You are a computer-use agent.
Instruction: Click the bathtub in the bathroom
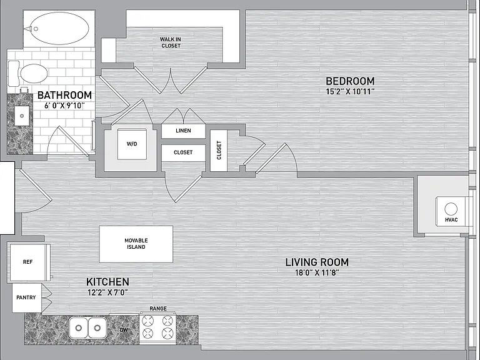point(59,29)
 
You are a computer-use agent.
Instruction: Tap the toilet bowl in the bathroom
point(34,74)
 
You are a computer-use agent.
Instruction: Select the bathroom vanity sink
point(22,116)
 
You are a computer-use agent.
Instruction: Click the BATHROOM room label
point(64,95)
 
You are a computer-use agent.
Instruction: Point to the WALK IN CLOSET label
point(171,42)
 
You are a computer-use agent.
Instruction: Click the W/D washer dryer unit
point(132,144)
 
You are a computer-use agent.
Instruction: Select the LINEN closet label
point(183,131)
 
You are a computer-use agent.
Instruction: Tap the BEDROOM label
point(350,81)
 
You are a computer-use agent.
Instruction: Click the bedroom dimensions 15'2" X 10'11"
point(350,92)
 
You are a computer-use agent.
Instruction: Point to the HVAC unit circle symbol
point(451,209)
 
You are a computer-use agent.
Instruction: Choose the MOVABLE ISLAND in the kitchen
point(136,244)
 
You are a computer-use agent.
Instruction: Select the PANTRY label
point(26,297)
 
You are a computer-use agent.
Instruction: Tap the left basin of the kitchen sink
point(78,327)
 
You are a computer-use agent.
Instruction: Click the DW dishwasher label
point(124,330)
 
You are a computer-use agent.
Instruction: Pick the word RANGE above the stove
point(158,309)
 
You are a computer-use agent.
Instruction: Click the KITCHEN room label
point(107,282)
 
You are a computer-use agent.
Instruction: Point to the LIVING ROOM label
point(317,262)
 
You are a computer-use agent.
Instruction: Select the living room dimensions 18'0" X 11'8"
point(317,272)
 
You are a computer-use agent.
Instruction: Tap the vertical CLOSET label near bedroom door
point(219,150)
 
